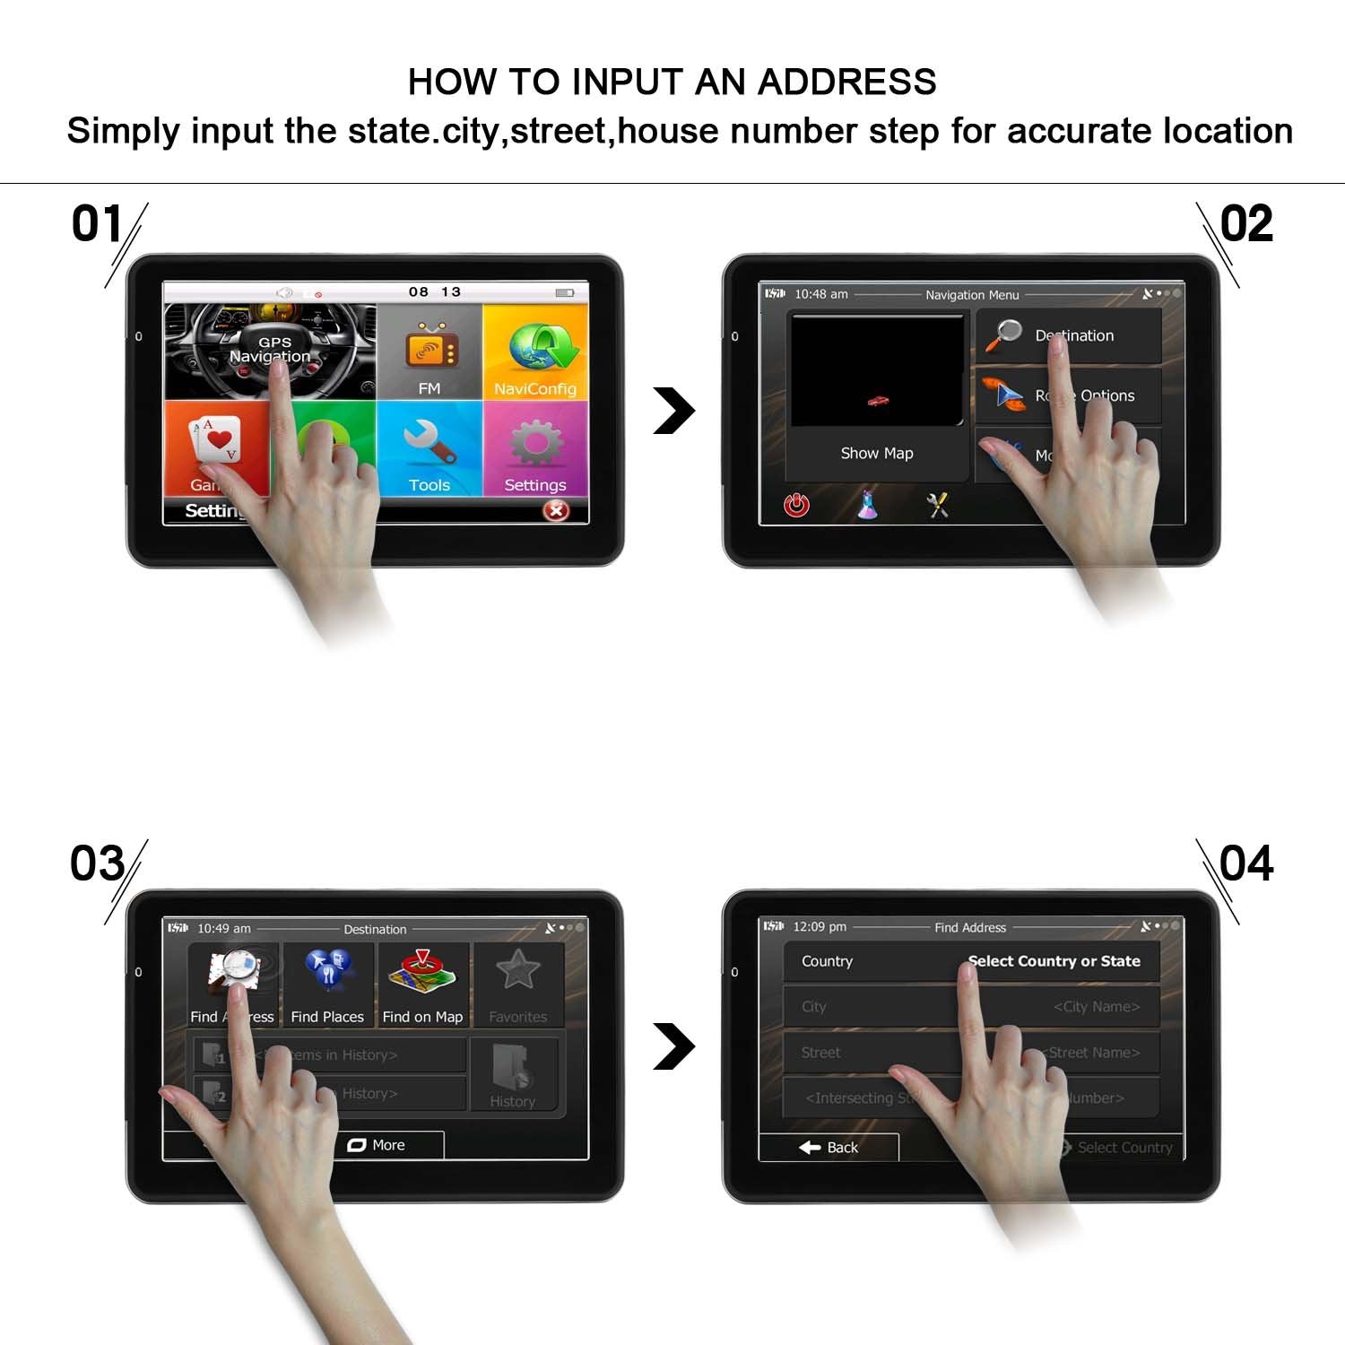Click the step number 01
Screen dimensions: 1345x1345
click(x=96, y=223)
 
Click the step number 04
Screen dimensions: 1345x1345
click(x=1246, y=863)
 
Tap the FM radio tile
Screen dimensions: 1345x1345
click(x=430, y=351)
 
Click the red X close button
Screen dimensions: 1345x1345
click(x=556, y=510)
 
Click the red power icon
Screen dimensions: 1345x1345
click(x=796, y=506)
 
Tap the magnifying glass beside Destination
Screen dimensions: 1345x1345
click(x=1004, y=335)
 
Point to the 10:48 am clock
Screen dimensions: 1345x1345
click(x=820, y=294)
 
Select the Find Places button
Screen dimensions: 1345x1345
click(x=327, y=985)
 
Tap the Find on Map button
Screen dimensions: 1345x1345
click(x=422, y=985)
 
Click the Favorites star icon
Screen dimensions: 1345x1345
click(x=518, y=970)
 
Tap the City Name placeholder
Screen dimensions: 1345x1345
click(x=1096, y=1007)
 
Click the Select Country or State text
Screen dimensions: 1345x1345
click(x=1054, y=961)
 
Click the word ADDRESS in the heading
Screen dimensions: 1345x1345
click(x=846, y=82)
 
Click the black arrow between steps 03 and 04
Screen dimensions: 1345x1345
click(x=674, y=1046)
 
